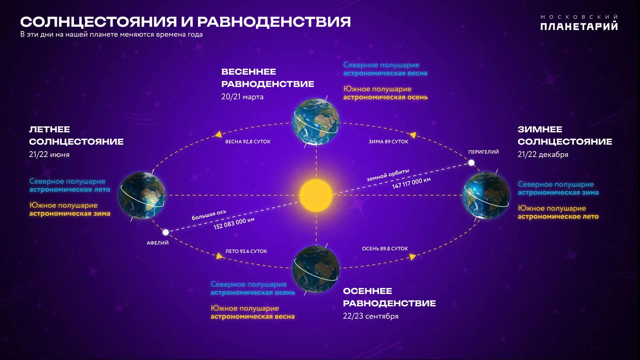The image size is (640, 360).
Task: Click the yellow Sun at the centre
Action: pos(316,195)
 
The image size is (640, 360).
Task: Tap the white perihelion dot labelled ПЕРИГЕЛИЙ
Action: pos(471,163)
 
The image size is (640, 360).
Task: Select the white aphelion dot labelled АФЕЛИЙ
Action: pos(165,232)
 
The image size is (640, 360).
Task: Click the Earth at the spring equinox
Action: pos(316,122)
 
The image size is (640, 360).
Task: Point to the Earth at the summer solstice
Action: pos(142,195)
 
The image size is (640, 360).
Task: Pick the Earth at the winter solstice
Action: pos(486,195)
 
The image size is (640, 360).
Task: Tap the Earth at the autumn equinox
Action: pos(316,269)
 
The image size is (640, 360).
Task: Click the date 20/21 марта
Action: pos(242,97)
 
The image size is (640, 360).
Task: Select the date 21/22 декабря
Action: pos(543,155)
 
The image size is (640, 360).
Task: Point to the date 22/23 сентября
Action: pos(371,316)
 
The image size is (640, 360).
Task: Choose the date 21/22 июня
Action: pos(49,155)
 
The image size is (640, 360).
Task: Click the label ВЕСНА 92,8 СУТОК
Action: pos(248,142)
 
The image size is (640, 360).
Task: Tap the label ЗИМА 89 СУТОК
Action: pos(388,142)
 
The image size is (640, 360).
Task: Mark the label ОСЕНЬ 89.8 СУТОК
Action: pos(385,249)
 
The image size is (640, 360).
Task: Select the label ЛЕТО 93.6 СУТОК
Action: pos(246,251)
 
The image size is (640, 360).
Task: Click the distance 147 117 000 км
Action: pos(411,183)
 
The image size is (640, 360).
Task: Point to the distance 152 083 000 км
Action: pos(234,223)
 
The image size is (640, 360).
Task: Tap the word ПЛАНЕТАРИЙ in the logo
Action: pos(579,27)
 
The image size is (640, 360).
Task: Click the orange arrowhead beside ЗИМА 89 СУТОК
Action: pos(413,135)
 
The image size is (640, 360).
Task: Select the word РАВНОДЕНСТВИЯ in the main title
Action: pos(274,22)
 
